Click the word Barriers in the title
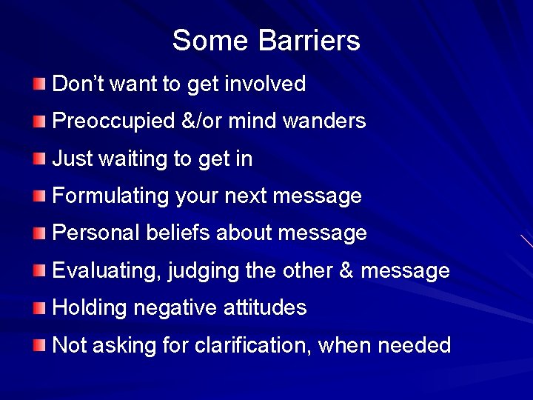[309, 40]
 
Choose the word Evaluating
[107, 271]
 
